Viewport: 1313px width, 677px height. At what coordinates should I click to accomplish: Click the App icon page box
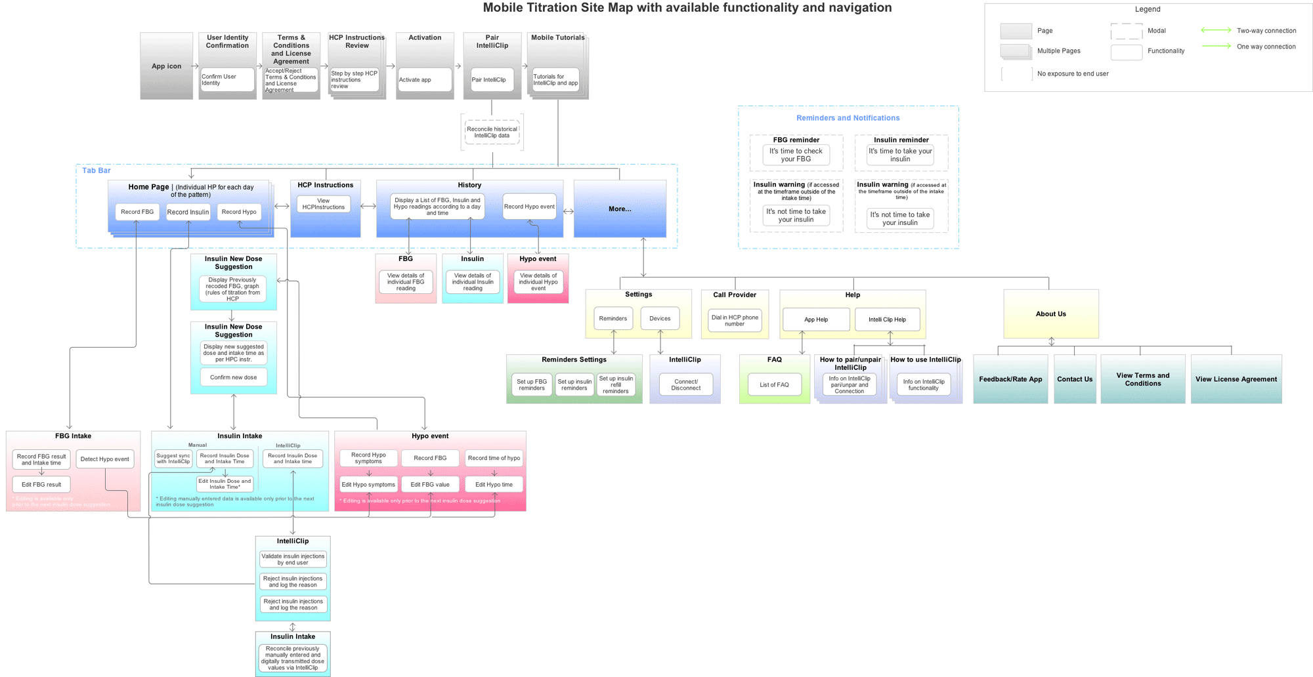tap(166, 66)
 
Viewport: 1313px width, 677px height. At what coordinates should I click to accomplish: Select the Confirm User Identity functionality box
tap(226, 79)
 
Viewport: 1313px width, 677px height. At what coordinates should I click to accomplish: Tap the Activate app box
tap(424, 79)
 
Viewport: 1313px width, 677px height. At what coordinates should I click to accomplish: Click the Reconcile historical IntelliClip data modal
tap(492, 133)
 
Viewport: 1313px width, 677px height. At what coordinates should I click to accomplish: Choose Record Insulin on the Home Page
tap(188, 212)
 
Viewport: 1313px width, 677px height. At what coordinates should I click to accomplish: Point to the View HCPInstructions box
tap(324, 204)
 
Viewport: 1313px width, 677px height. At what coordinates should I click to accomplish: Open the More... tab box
tap(620, 209)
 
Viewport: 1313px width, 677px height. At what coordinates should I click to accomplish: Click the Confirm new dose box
tap(234, 377)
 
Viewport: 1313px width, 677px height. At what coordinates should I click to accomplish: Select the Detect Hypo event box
tap(105, 459)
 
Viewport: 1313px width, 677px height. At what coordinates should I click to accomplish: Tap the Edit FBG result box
tap(41, 485)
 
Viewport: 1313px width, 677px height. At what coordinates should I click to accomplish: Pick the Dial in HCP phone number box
tap(735, 321)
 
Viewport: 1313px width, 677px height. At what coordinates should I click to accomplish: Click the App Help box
tap(816, 319)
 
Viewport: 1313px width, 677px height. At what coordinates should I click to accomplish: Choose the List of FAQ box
tap(774, 385)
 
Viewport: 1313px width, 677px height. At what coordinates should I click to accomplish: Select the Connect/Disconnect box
tap(685, 385)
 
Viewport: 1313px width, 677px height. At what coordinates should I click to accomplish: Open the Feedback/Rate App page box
tap(1010, 379)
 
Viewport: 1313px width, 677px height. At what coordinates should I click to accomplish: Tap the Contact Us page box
tap(1075, 379)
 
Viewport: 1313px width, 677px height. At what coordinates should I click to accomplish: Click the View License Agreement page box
tap(1236, 379)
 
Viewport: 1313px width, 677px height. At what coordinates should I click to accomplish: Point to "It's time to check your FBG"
tap(796, 155)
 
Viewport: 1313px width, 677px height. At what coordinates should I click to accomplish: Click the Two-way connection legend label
tap(1266, 31)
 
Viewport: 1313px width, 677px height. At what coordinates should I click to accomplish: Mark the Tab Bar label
tap(97, 171)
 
